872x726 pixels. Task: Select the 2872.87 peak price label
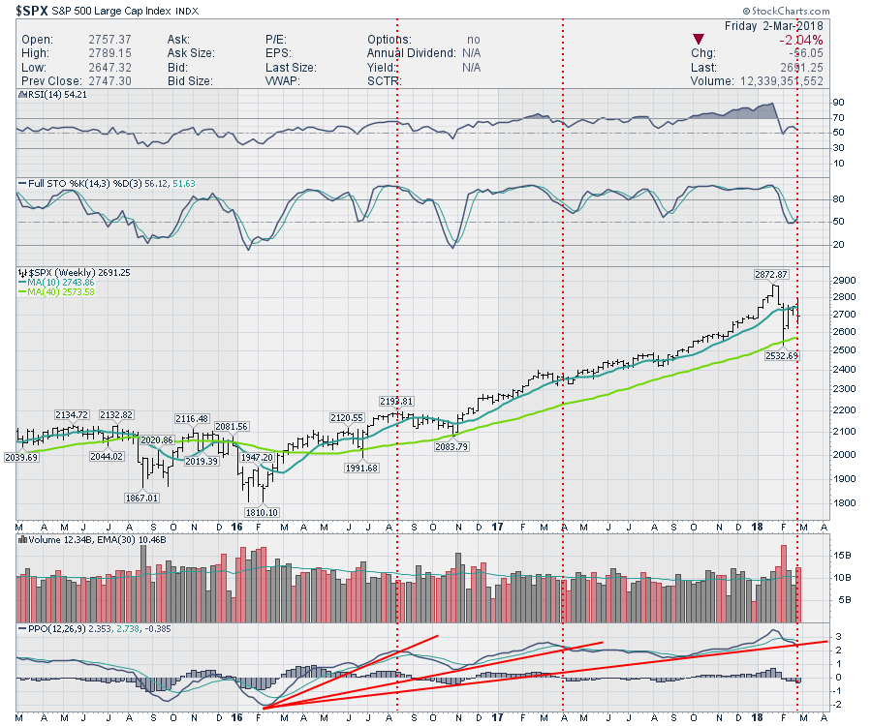point(771,275)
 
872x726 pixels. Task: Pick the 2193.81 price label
point(396,401)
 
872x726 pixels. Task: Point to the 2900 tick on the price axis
point(817,277)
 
